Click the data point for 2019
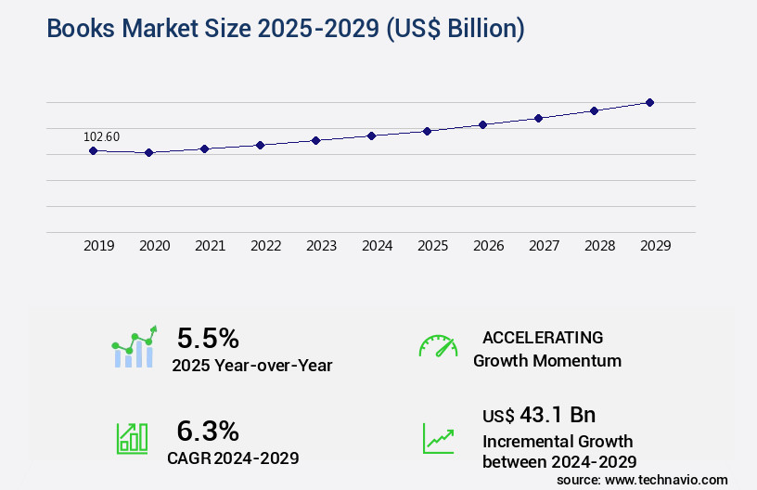pos(93,150)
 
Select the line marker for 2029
pos(649,102)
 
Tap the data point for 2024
pos(371,135)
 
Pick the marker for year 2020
pos(148,152)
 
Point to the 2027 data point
pos(538,118)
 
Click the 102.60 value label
pos(101,136)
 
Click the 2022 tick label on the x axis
pos(265,246)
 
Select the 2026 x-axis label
pos(488,246)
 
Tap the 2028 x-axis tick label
pos(599,246)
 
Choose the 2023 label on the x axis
pos(321,246)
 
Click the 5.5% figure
pos(208,337)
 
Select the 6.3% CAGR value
pos(208,431)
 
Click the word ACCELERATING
pos(543,337)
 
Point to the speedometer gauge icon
pos(438,346)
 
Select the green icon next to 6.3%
pos(132,438)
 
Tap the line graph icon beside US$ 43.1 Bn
pos(438,438)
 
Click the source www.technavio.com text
pos(642,479)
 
